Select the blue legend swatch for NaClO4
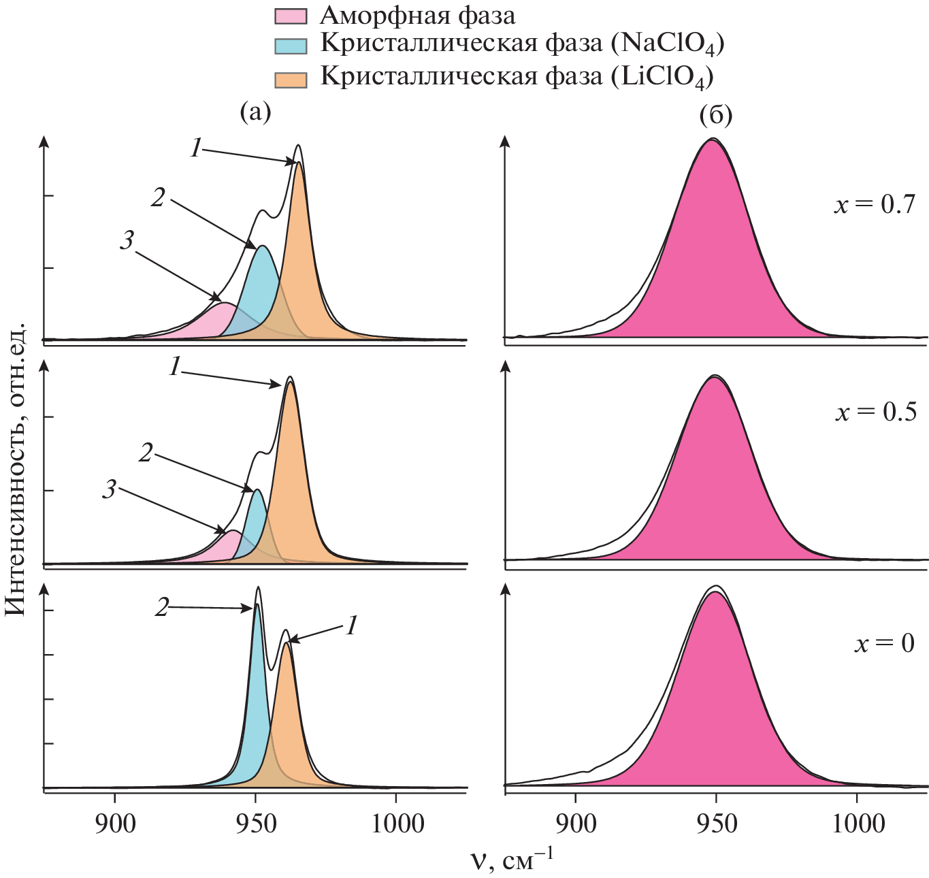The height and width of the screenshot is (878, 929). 291,46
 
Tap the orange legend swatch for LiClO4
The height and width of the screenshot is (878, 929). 291,77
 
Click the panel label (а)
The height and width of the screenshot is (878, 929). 255,112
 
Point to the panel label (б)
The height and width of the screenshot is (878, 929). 716,116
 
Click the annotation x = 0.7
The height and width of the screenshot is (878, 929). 875,204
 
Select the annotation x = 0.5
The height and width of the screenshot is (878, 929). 876,412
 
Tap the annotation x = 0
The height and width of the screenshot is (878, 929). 884,643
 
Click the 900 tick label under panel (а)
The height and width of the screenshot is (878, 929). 115,824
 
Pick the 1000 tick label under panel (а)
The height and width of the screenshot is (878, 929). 395,824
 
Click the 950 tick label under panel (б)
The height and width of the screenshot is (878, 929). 716,824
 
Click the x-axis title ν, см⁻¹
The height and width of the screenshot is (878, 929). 512,862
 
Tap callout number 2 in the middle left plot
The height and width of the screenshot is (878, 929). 146,453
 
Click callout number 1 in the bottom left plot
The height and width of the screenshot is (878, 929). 351,625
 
